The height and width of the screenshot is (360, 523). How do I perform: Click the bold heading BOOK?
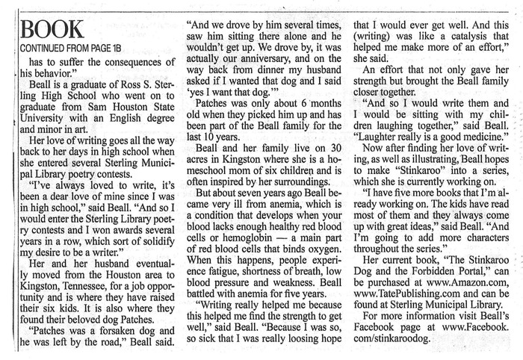coord(52,29)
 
